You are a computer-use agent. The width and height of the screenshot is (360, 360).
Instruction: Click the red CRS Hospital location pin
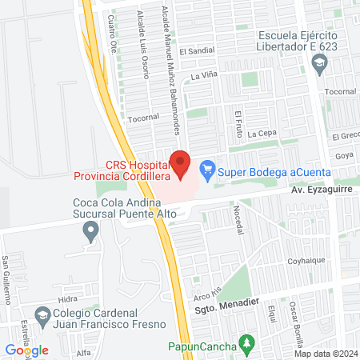pyautogui.click(x=182, y=163)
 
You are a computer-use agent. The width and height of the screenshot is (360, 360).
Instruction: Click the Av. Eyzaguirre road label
pyautogui.click(x=320, y=192)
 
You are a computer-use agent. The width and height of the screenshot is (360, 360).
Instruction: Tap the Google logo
pyautogui.click(x=27, y=350)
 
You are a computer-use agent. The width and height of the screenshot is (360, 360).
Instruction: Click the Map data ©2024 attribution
pyautogui.click(x=325, y=354)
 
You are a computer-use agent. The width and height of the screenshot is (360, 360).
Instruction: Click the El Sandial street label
pyautogui.click(x=198, y=52)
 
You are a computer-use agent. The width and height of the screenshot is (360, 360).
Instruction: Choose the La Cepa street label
pyautogui.click(x=262, y=134)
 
